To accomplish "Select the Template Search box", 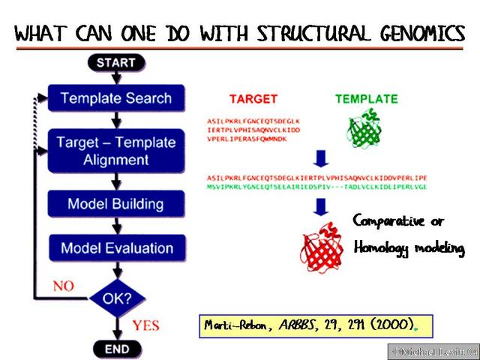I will coord(115,98).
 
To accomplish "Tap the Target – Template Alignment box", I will coord(115,150).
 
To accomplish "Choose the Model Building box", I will coord(115,203).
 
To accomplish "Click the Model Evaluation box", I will coord(115,248).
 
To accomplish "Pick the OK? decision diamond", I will coord(115,298).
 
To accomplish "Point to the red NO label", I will coord(63,285).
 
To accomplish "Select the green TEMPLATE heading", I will coord(366,99).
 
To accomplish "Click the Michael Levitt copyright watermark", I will coord(431,351).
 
